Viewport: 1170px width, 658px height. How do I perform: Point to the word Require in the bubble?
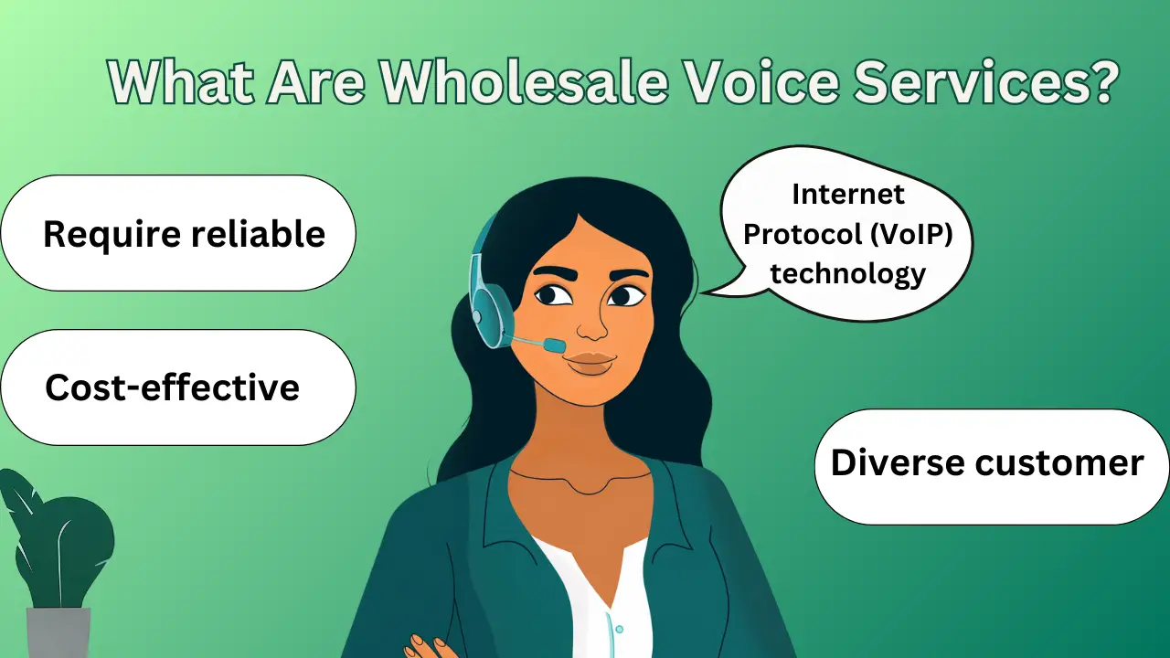click(x=110, y=235)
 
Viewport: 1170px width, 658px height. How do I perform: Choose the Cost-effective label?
click(x=173, y=388)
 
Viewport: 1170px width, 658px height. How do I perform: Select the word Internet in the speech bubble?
click(x=848, y=195)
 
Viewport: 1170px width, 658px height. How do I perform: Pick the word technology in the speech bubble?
click(x=848, y=273)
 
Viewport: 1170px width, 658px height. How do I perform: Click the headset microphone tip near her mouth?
click(x=554, y=345)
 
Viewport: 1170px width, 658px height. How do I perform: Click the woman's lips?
click(x=589, y=362)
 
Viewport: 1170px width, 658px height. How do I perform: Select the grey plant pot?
click(x=59, y=632)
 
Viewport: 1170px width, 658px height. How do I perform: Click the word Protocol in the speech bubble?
click(x=797, y=235)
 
